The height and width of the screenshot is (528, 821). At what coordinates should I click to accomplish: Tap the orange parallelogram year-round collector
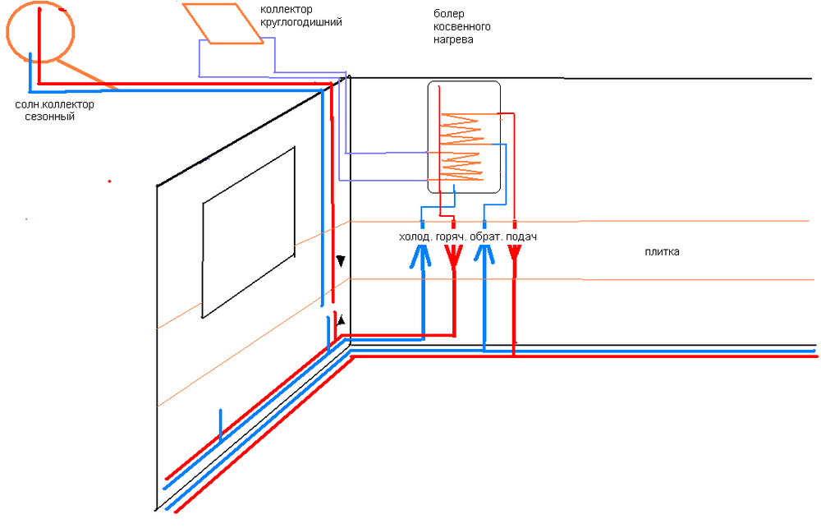pyautogui.click(x=222, y=22)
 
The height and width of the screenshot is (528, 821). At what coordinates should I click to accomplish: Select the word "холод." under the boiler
pyautogui.click(x=415, y=237)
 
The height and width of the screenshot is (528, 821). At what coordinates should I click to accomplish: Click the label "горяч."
pyautogui.click(x=451, y=237)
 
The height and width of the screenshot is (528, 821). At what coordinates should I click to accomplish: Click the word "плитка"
pyautogui.click(x=662, y=252)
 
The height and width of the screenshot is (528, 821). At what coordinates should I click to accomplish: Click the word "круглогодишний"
pyautogui.click(x=301, y=22)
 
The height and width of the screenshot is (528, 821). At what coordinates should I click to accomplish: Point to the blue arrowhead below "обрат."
pyautogui.click(x=484, y=257)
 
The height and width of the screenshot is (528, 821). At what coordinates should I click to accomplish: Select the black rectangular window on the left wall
pyautogui.click(x=248, y=232)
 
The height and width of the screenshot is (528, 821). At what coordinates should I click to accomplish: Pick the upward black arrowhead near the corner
pyautogui.click(x=342, y=321)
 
